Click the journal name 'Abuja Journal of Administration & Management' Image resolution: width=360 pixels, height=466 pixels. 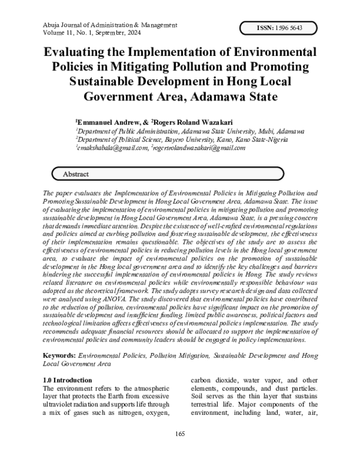(110, 25)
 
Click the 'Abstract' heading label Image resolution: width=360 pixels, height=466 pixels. (75, 174)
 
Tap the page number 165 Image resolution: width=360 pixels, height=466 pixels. (180, 434)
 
